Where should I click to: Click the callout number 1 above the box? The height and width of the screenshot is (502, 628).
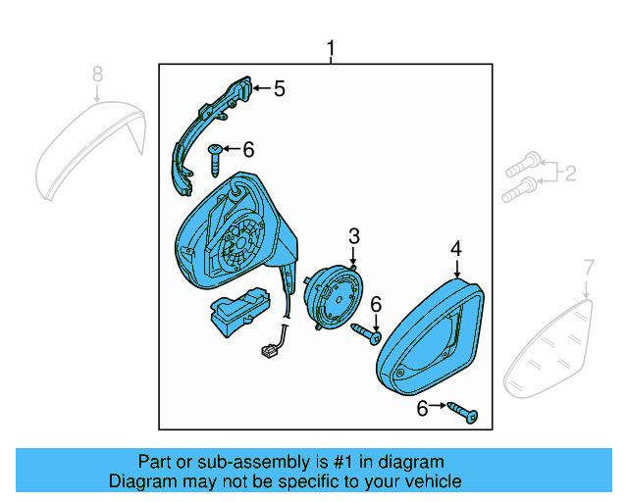[331, 48]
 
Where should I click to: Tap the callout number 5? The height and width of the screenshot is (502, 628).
[279, 89]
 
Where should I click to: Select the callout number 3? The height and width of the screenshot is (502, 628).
[353, 235]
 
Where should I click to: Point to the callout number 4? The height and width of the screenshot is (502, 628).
[456, 250]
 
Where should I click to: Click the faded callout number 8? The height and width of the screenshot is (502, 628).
[96, 74]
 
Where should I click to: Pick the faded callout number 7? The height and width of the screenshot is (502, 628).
[589, 266]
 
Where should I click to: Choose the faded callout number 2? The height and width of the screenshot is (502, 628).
[569, 175]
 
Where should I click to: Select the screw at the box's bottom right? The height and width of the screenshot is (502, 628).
[463, 413]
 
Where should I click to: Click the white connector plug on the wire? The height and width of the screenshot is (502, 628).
[270, 350]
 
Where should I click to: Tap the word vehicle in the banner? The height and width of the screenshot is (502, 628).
[433, 481]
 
